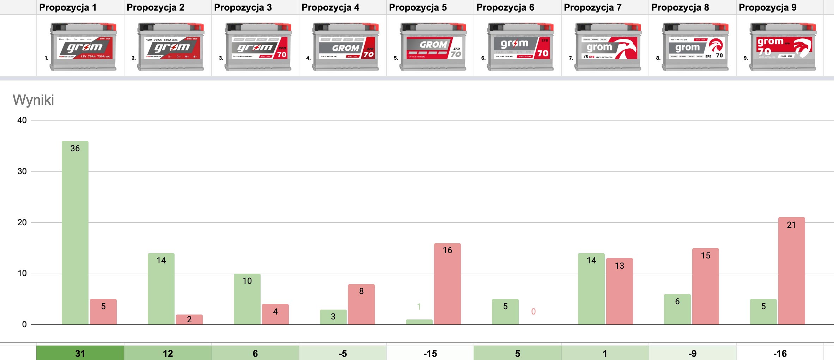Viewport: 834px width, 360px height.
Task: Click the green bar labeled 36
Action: tap(75, 233)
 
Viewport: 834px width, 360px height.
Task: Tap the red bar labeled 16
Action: tap(447, 284)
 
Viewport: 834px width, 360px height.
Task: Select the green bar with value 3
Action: tap(333, 317)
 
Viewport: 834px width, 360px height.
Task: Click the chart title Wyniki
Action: tap(34, 100)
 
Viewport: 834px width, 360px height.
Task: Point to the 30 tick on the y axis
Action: tap(22, 171)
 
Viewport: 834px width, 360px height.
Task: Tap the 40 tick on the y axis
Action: tap(22, 120)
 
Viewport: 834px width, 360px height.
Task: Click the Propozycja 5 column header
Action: tap(418, 7)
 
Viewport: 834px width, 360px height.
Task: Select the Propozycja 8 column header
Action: tap(680, 7)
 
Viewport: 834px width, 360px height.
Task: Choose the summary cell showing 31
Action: tap(80, 353)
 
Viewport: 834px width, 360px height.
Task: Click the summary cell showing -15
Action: tap(430, 353)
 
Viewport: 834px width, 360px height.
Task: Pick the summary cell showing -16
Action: tap(780, 353)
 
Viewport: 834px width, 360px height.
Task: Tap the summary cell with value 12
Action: tap(168, 353)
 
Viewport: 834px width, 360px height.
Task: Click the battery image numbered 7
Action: tap(608, 47)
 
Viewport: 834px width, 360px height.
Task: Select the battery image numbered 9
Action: tap(783, 47)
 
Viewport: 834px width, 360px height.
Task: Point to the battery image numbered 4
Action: tap(345, 47)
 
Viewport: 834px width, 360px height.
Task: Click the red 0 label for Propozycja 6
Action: tap(533, 312)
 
